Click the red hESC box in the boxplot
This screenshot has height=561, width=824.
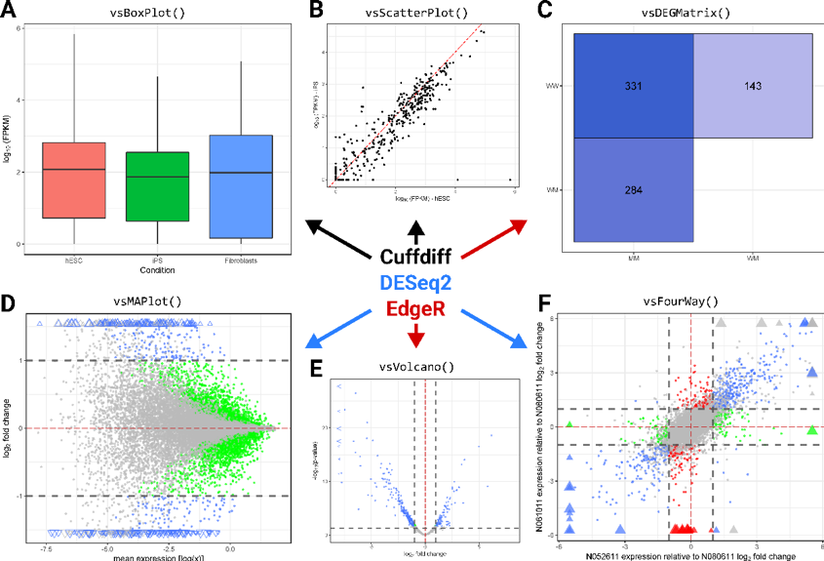coord(74,180)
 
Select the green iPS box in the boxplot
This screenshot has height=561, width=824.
coord(158,186)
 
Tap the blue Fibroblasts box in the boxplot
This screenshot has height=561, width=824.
coord(241,186)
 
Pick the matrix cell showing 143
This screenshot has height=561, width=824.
coord(753,86)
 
